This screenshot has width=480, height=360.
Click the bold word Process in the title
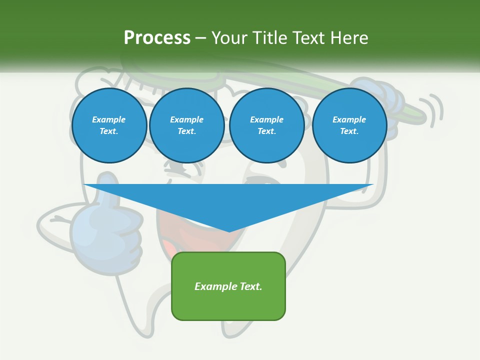tap(157, 37)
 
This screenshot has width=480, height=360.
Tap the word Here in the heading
tap(348, 37)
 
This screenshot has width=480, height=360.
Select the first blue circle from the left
tap(109, 125)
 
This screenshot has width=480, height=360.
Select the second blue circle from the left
tap(186, 125)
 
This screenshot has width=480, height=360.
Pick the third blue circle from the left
tap(266, 125)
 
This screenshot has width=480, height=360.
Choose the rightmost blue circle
tap(349, 125)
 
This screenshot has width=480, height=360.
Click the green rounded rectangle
tap(228, 300)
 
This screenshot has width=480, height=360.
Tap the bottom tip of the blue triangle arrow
tap(229, 231)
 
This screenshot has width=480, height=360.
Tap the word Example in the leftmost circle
tap(108, 119)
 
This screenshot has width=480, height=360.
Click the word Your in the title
tap(229, 37)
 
